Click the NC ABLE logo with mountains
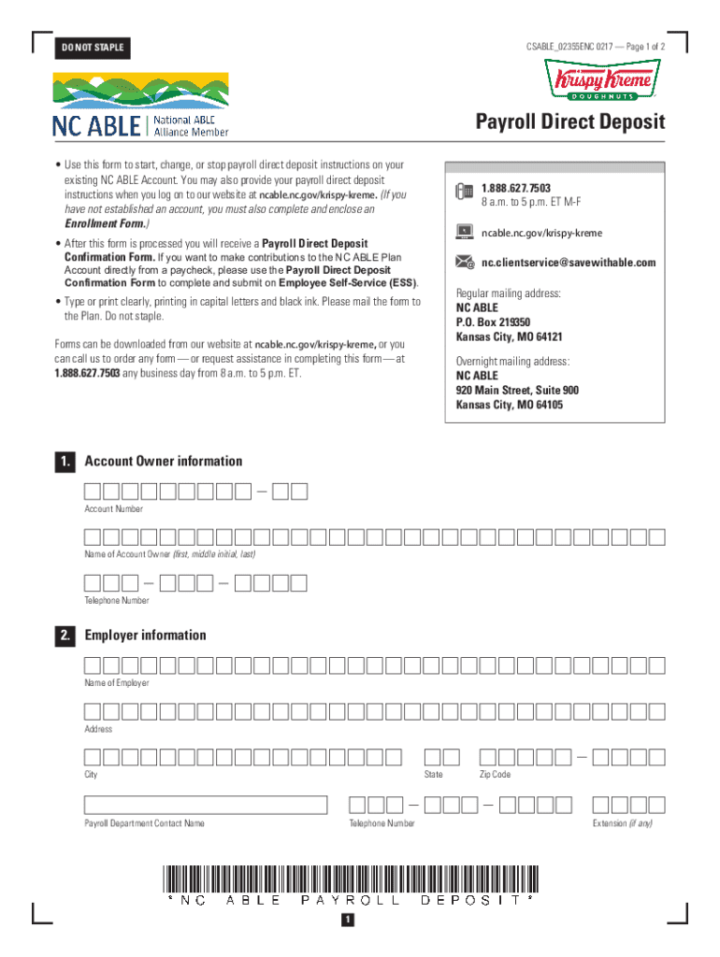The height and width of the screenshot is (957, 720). (x=140, y=106)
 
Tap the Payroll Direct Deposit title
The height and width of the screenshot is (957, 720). (x=569, y=122)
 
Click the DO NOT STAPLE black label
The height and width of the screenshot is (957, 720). (x=90, y=48)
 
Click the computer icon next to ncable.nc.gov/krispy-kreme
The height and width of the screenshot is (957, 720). (x=464, y=232)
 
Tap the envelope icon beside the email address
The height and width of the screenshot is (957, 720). (x=464, y=263)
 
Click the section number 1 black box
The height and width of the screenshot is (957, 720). (x=65, y=462)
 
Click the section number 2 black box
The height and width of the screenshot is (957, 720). (x=65, y=636)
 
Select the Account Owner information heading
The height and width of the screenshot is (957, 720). (x=163, y=461)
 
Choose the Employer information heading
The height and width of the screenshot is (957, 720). (x=145, y=636)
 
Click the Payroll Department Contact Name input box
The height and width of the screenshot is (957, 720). (x=206, y=805)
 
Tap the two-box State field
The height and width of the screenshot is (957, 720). (x=441, y=757)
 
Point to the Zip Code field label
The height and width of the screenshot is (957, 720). (x=495, y=775)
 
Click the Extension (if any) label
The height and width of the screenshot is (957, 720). (x=622, y=823)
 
